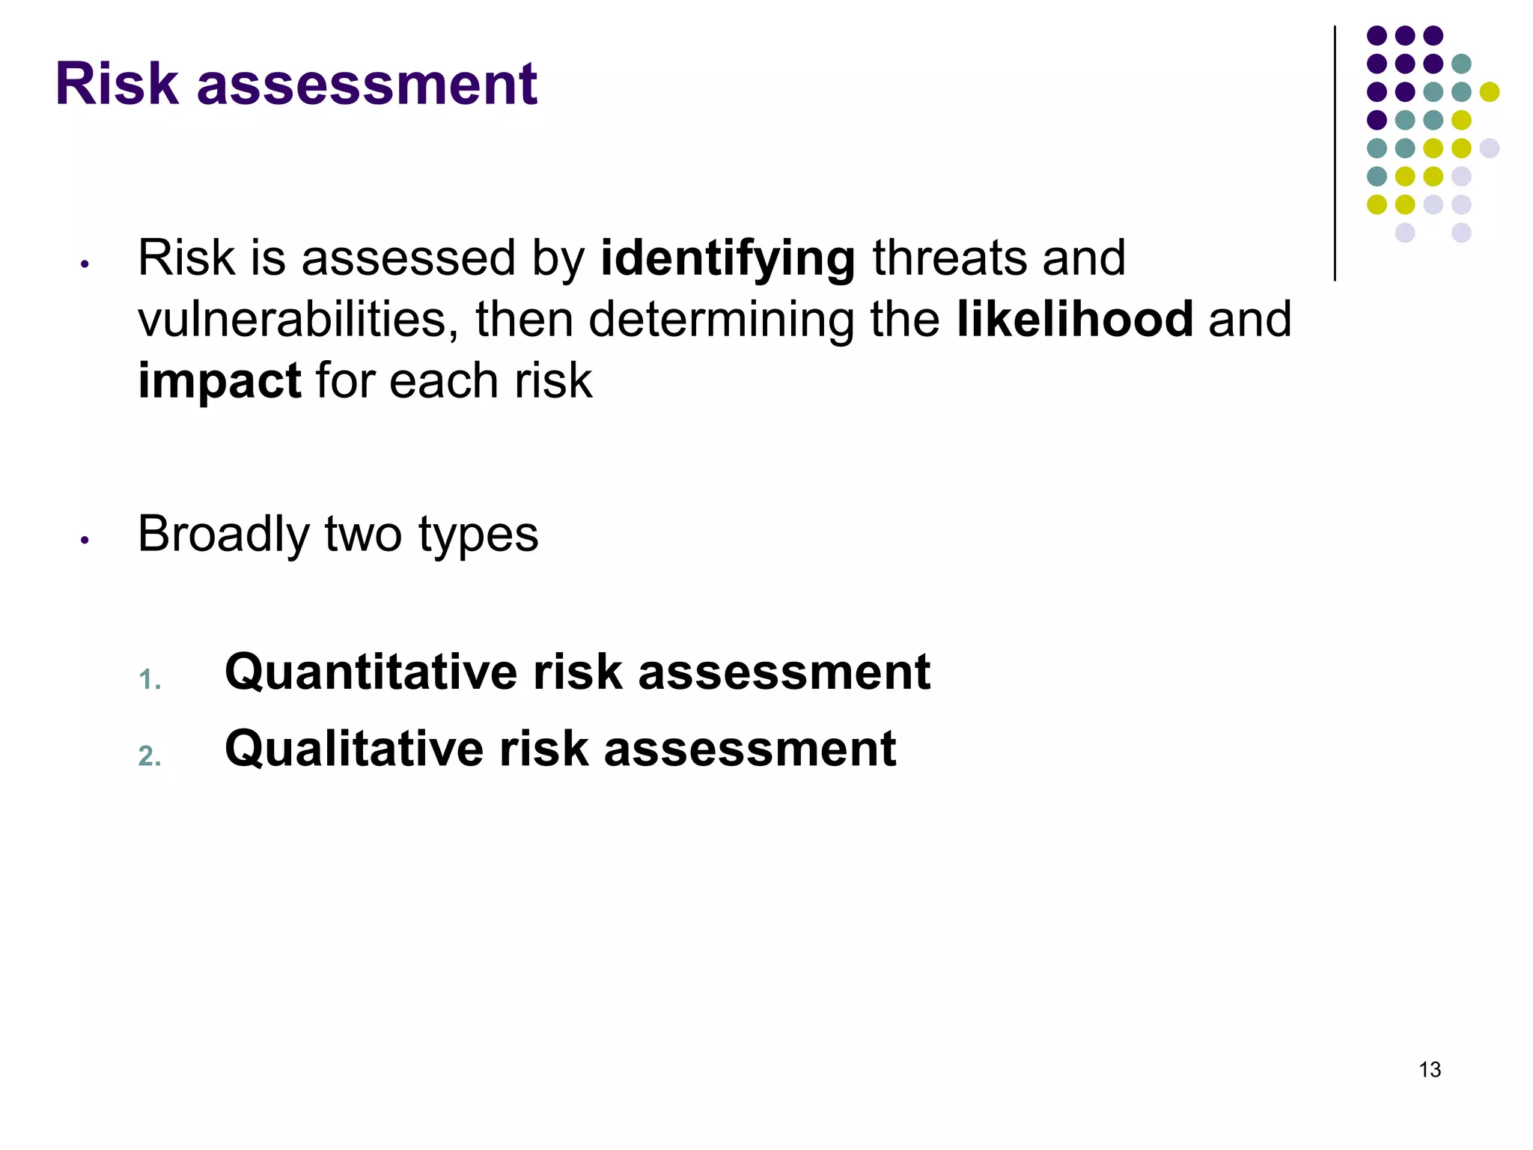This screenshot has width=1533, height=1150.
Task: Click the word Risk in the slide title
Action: point(117,84)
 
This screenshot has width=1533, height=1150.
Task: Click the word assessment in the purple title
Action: point(367,84)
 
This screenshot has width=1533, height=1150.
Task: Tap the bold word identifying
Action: point(728,259)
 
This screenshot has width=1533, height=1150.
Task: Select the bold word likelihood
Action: point(1075,320)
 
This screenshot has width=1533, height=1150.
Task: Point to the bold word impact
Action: point(219,381)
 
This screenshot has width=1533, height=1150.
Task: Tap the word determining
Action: point(721,320)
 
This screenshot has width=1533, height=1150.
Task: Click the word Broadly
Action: point(223,535)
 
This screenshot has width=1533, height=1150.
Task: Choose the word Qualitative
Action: point(354,749)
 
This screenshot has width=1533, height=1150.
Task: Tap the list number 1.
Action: point(149,680)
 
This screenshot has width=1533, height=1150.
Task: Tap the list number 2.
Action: point(149,756)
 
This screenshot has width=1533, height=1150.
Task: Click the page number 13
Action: point(1430,1069)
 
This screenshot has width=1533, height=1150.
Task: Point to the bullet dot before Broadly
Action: point(85,540)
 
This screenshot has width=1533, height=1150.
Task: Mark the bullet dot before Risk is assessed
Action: point(85,264)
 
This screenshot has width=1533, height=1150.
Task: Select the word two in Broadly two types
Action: point(363,535)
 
